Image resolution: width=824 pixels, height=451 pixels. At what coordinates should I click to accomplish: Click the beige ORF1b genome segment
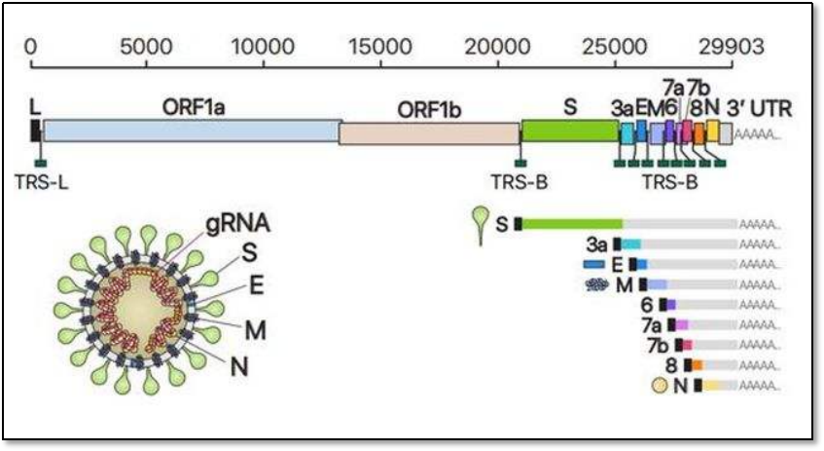pos(429,133)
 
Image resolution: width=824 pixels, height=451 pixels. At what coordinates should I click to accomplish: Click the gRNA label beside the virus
pos(237,224)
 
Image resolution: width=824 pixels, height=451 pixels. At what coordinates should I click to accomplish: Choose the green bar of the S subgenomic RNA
pos(573,224)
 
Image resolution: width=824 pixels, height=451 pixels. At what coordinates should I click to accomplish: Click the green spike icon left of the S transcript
pos(479,220)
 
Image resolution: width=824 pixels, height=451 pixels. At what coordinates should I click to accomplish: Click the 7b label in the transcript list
pos(657,346)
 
